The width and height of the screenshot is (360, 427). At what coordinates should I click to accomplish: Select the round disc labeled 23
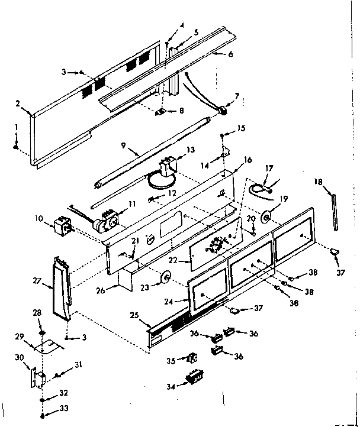pos(165,276)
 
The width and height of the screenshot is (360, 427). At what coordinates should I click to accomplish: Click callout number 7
pos(237,95)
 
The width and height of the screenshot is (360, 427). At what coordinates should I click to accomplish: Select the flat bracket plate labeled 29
pos(50,347)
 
